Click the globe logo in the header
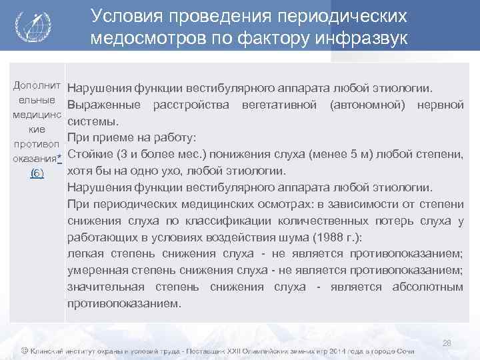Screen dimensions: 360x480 click(31, 27)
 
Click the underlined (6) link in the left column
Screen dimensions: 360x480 click(38, 174)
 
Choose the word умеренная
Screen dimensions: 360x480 click(101, 270)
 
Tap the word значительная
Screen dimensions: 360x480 click(106, 287)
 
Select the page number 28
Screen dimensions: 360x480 click(447, 343)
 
